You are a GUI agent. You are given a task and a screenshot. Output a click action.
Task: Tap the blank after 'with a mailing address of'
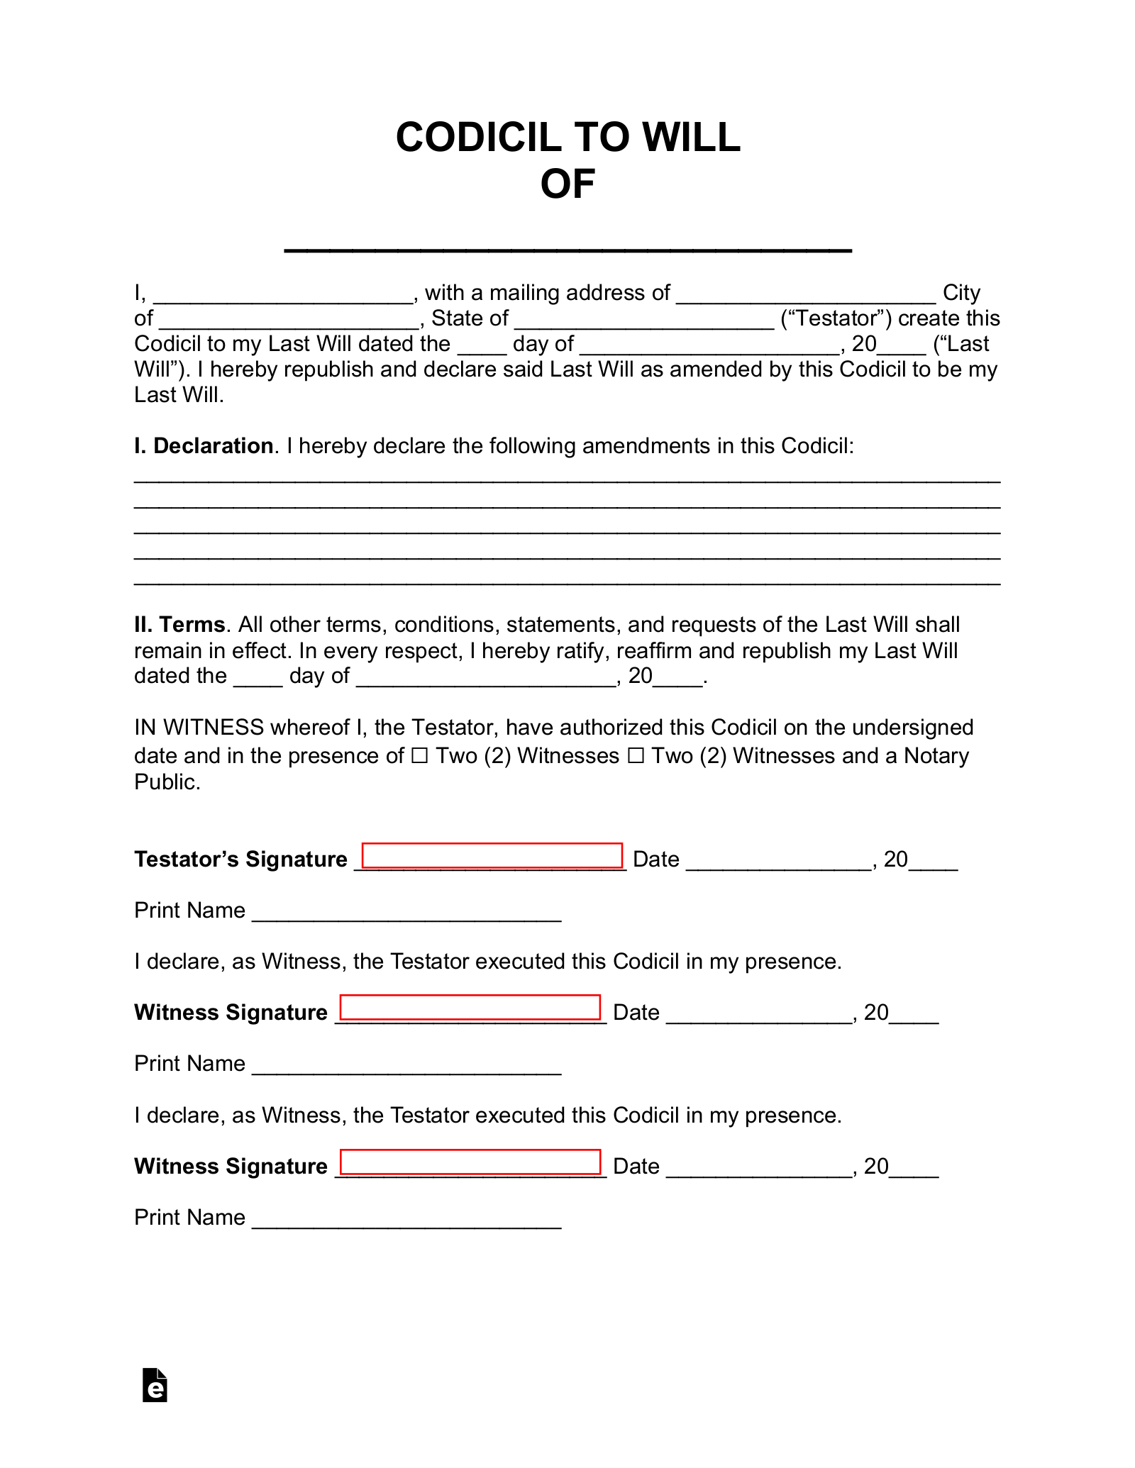806,295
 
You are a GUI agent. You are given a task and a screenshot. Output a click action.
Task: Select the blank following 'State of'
644,321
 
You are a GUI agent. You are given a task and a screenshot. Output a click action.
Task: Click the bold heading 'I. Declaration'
204,446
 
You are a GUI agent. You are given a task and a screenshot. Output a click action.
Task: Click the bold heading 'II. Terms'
179,625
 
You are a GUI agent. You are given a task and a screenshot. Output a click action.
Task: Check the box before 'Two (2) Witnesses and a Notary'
636,757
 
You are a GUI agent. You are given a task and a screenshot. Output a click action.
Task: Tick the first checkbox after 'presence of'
420,757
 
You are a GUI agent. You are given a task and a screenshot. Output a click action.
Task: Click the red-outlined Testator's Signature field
492,855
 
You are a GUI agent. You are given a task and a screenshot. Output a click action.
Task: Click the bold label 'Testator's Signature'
240,860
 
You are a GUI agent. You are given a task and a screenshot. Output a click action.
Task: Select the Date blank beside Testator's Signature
778,862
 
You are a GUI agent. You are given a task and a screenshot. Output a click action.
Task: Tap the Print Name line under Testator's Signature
406,913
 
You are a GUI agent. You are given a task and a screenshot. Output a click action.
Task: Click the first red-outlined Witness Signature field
470,1008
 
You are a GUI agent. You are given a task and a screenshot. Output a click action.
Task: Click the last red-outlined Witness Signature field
470,1162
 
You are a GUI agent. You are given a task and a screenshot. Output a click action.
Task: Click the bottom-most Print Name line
406,1220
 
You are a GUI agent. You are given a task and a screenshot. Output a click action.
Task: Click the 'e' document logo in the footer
155,1385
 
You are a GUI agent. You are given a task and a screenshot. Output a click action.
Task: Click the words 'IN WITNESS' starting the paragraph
199,728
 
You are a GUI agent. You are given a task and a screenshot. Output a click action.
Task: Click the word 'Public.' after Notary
167,782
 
